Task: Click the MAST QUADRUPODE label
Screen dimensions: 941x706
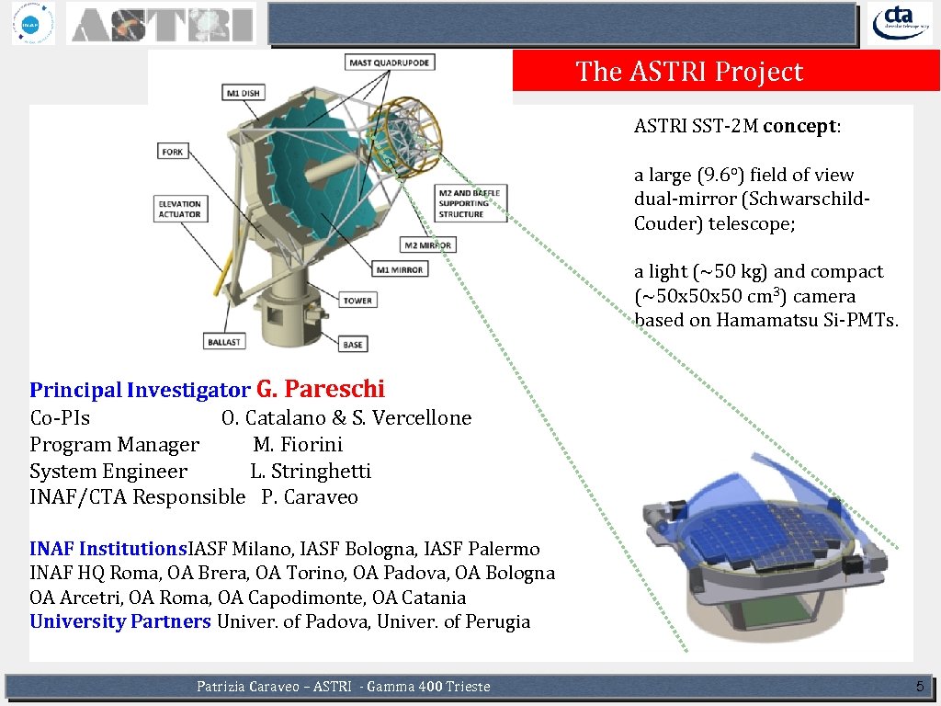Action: (x=390, y=63)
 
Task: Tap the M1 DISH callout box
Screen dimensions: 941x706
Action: (x=244, y=93)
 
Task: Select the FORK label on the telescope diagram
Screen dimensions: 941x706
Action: (x=173, y=152)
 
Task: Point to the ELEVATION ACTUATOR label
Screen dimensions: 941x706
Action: (x=179, y=209)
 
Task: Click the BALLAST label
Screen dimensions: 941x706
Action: (x=224, y=342)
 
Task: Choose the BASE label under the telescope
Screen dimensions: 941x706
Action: (x=353, y=344)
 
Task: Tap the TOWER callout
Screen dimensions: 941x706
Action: (x=357, y=301)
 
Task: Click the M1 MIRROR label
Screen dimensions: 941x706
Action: (x=399, y=269)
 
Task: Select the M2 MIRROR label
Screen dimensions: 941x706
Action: (x=428, y=245)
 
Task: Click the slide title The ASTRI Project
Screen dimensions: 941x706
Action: (x=689, y=72)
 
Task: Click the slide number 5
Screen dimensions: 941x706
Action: (x=919, y=686)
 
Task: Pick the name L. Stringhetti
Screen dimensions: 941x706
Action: (x=311, y=472)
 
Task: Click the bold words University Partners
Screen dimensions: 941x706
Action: (x=120, y=621)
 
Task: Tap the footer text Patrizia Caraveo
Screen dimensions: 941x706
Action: (x=251, y=687)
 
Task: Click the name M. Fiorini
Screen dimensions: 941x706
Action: (x=298, y=445)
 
